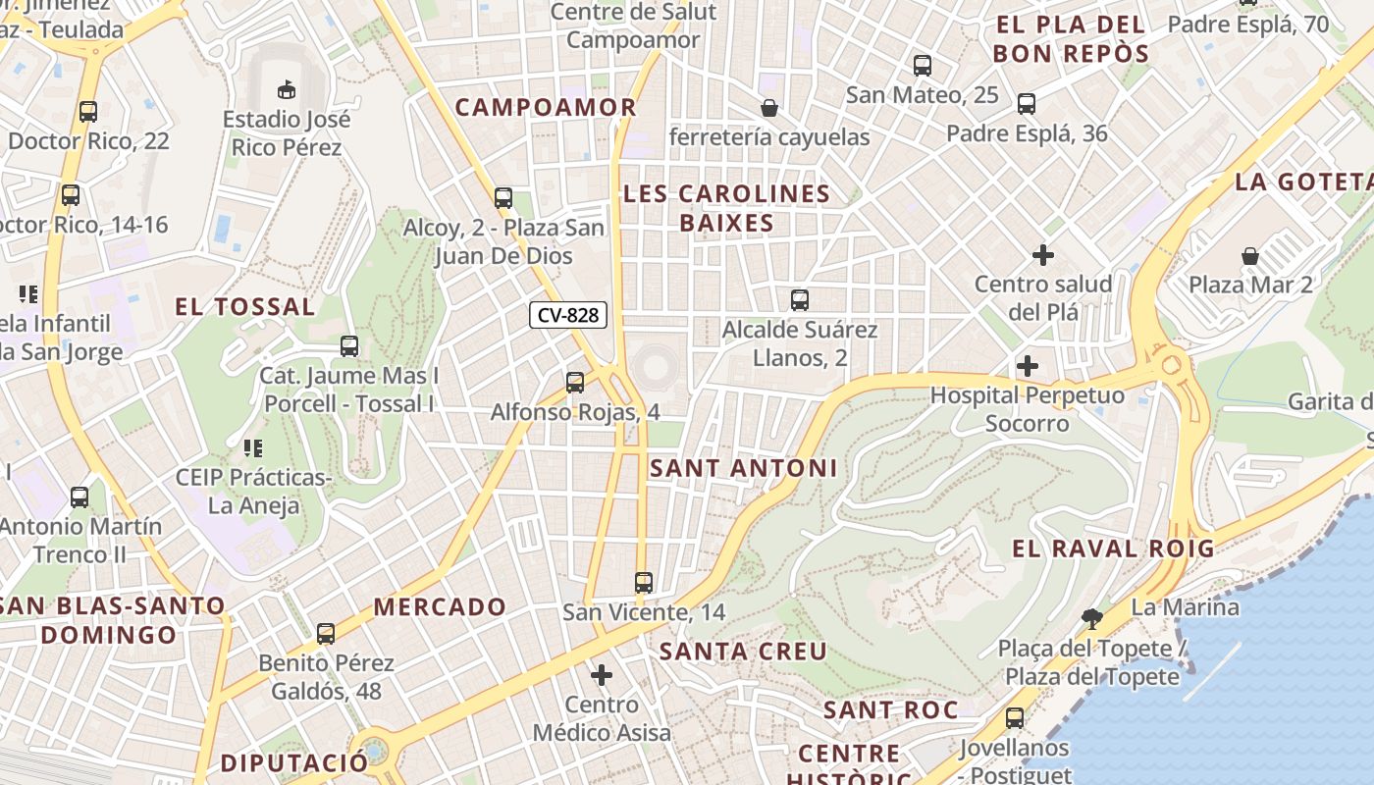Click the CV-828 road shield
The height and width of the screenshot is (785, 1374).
tap(568, 315)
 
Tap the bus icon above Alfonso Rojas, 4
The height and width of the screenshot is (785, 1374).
tap(575, 382)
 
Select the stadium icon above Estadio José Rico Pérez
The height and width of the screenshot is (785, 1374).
tap(287, 89)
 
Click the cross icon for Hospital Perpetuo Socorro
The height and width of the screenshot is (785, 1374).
tap(1028, 366)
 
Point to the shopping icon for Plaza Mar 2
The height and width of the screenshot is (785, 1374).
tap(1250, 256)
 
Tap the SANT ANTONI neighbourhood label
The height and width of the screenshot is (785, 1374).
tap(744, 469)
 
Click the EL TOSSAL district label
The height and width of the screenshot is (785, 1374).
tap(245, 307)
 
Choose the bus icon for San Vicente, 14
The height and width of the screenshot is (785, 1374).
tap(644, 582)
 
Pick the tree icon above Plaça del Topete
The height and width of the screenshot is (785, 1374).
tap(1090, 618)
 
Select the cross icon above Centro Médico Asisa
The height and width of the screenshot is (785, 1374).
tap(602, 674)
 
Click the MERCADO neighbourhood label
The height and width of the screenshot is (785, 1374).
tap(440, 607)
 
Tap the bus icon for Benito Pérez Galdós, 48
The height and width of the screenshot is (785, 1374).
tap(326, 634)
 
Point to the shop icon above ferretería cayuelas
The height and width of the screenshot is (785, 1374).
tap(769, 107)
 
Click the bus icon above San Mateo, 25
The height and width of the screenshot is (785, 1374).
tap(923, 66)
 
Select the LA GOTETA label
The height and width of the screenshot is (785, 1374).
tap(1303, 182)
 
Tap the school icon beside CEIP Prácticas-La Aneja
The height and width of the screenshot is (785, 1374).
tap(252, 448)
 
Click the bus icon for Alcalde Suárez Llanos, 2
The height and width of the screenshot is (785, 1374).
tap(800, 300)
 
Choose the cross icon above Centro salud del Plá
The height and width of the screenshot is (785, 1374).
tap(1043, 255)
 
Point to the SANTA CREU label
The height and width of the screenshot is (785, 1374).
tap(743, 652)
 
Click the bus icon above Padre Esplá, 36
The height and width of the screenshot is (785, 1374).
tap(1027, 103)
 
